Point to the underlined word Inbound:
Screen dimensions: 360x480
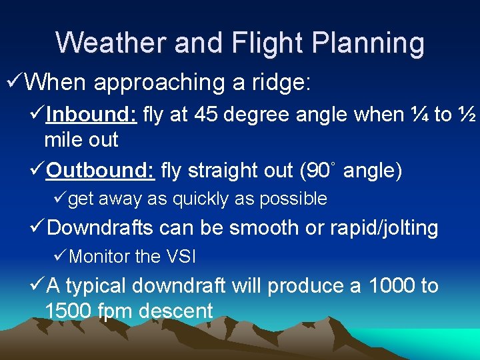(92, 115)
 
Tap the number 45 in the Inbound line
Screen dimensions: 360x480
(207, 115)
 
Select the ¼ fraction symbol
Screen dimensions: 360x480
(420, 115)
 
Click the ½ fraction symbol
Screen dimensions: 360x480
(467, 115)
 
